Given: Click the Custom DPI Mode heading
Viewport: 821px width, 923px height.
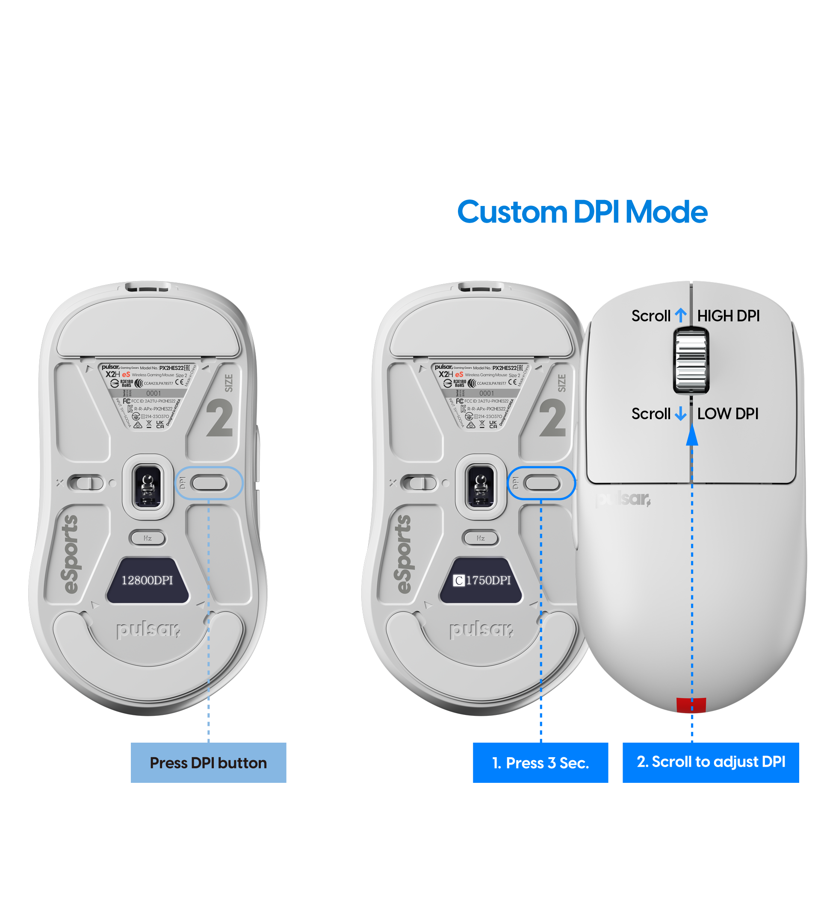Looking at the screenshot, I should [582, 212].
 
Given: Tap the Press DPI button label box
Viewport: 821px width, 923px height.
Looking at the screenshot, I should [208, 762].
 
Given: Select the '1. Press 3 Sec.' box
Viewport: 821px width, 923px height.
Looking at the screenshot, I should [540, 762].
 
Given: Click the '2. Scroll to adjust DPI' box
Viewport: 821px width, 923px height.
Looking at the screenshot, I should [710, 762].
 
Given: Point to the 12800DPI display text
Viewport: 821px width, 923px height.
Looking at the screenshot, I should [147, 580].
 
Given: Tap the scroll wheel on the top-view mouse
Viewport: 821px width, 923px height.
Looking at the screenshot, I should [691, 361].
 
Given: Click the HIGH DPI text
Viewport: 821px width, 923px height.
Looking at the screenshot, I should [727, 316].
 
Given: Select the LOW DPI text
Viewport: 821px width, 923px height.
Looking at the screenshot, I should [727, 414].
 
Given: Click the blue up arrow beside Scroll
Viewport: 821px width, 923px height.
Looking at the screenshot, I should [680, 315].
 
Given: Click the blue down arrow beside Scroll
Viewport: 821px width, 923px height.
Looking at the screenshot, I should [680, 413].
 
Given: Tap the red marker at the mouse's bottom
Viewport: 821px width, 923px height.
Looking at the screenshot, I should [691, 705].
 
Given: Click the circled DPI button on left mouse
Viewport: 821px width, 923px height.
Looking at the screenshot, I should [209, 483].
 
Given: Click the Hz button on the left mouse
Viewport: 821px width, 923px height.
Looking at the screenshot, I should [147, 538].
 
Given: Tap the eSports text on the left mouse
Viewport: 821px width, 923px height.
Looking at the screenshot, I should [71, 554].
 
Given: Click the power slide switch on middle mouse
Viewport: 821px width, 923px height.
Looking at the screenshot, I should [418, 483].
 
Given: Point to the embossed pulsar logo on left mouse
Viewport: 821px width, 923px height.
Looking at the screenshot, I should [148, 629].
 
